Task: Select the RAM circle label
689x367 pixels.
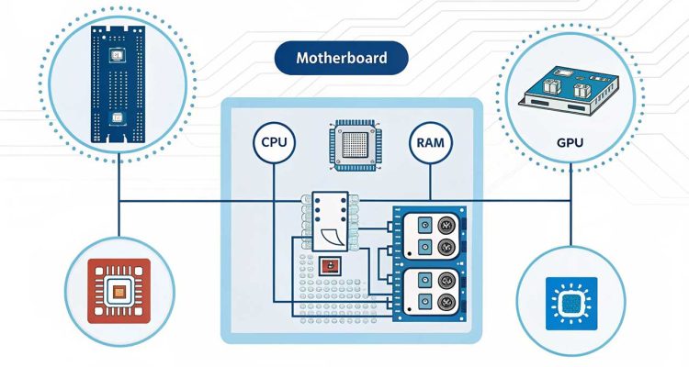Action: coord(430,144)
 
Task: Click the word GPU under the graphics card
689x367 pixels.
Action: coord(570,145)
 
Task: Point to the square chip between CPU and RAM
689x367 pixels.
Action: coord(354,144)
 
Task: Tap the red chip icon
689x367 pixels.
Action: coord(118,291)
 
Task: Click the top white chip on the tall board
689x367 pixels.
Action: coord(117,58)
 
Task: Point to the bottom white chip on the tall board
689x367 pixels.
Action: coord(117,120)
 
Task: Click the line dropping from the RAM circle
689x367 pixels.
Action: coord(430,183)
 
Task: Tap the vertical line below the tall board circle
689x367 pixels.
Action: coord(118,206)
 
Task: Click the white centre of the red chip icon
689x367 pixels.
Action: coord(118,292)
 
